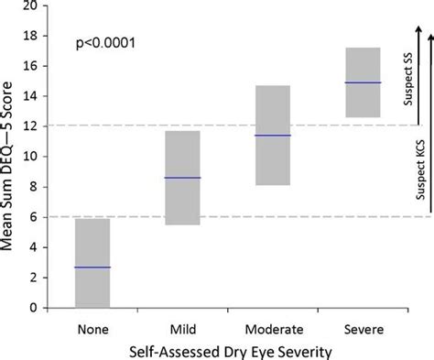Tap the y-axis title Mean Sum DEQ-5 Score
[x=13, y=156]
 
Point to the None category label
[x=92, y=328]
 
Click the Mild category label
[x=181, y=328]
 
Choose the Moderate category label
[x=272, y=328]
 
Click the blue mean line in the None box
[x=92, y=267]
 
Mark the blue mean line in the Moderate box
[x=272, y=136]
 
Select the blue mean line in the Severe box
[x=362, y=82]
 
